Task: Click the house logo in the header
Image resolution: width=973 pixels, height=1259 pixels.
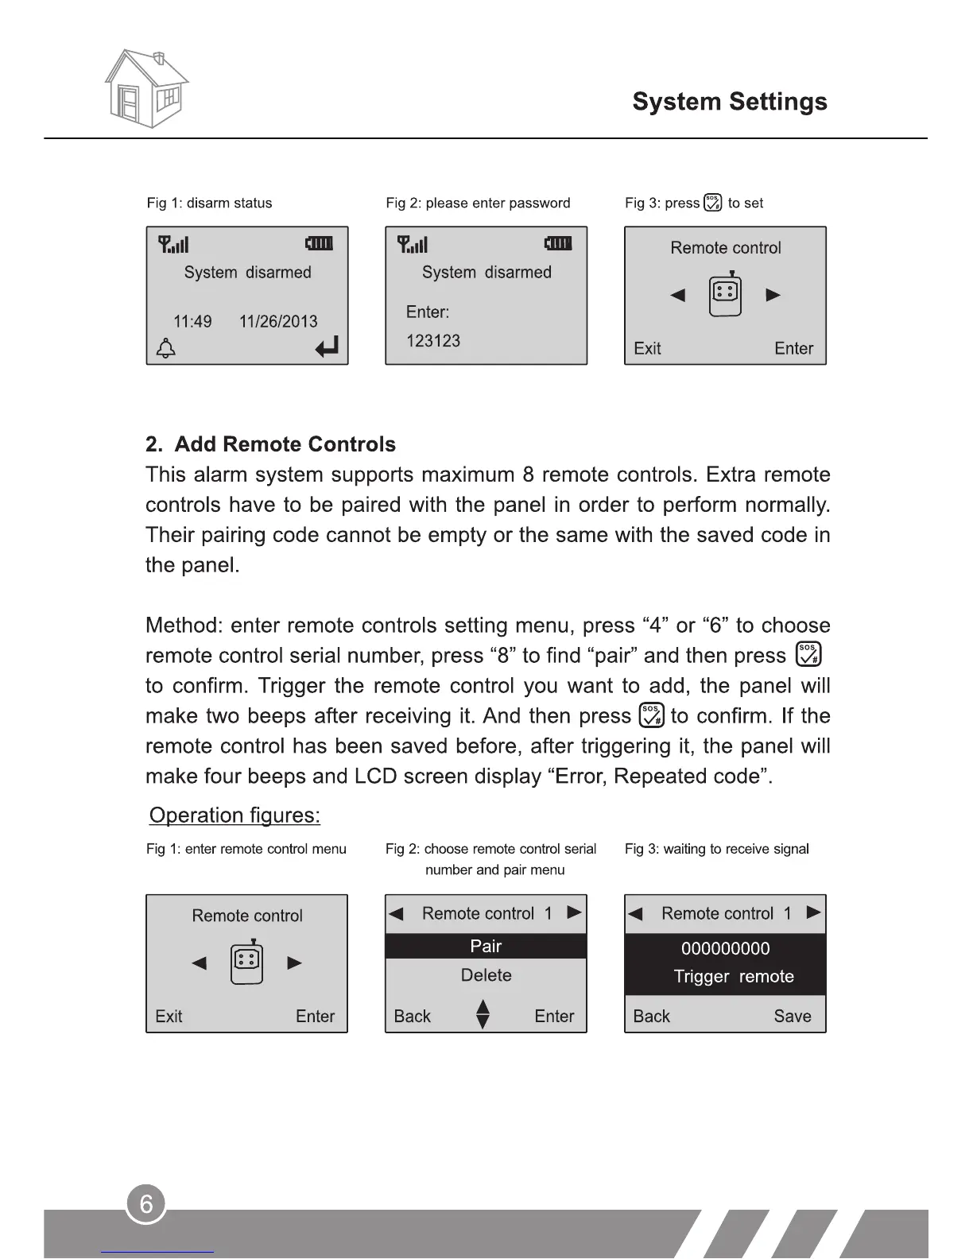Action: point(146,88)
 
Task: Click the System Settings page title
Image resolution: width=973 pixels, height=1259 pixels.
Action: point(729,102)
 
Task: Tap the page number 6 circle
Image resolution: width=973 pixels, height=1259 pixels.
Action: point(146,1204)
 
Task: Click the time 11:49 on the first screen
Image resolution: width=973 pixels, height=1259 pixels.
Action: point(192,321)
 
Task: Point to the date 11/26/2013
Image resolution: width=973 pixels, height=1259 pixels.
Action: point(278,321)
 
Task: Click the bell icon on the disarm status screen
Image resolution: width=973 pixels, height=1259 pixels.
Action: point(166,348)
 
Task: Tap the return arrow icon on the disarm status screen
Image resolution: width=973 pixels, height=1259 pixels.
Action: point(327,347)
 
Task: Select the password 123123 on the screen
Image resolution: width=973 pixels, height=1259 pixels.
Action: point(433,341)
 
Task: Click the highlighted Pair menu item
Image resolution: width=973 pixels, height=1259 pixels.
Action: point(486,946)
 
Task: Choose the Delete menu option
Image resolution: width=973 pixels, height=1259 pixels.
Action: point(486,975)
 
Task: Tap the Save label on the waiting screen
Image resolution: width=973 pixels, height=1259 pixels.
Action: point(793,1016)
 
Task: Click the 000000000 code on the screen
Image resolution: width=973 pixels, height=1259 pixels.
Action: point(725,948)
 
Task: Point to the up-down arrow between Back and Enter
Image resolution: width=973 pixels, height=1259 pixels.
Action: point(483,1014)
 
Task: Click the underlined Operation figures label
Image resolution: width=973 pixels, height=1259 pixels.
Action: point(235,815)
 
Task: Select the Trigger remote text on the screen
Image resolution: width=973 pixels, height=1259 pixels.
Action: point(733,976)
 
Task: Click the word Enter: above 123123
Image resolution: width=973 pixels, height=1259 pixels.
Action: point(428,312)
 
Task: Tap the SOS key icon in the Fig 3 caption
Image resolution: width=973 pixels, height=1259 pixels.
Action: point(713,203)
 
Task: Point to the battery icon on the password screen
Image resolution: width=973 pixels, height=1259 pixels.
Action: point(558,243)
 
